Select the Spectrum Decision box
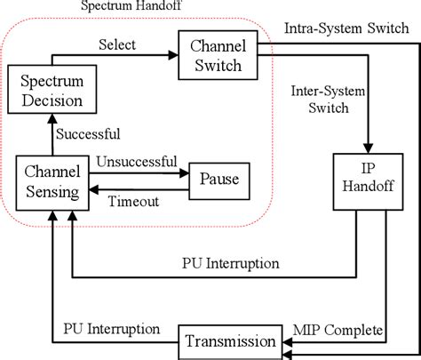tap(52, 92)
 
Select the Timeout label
tap(133, 202)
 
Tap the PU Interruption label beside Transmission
tap(112, 329)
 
